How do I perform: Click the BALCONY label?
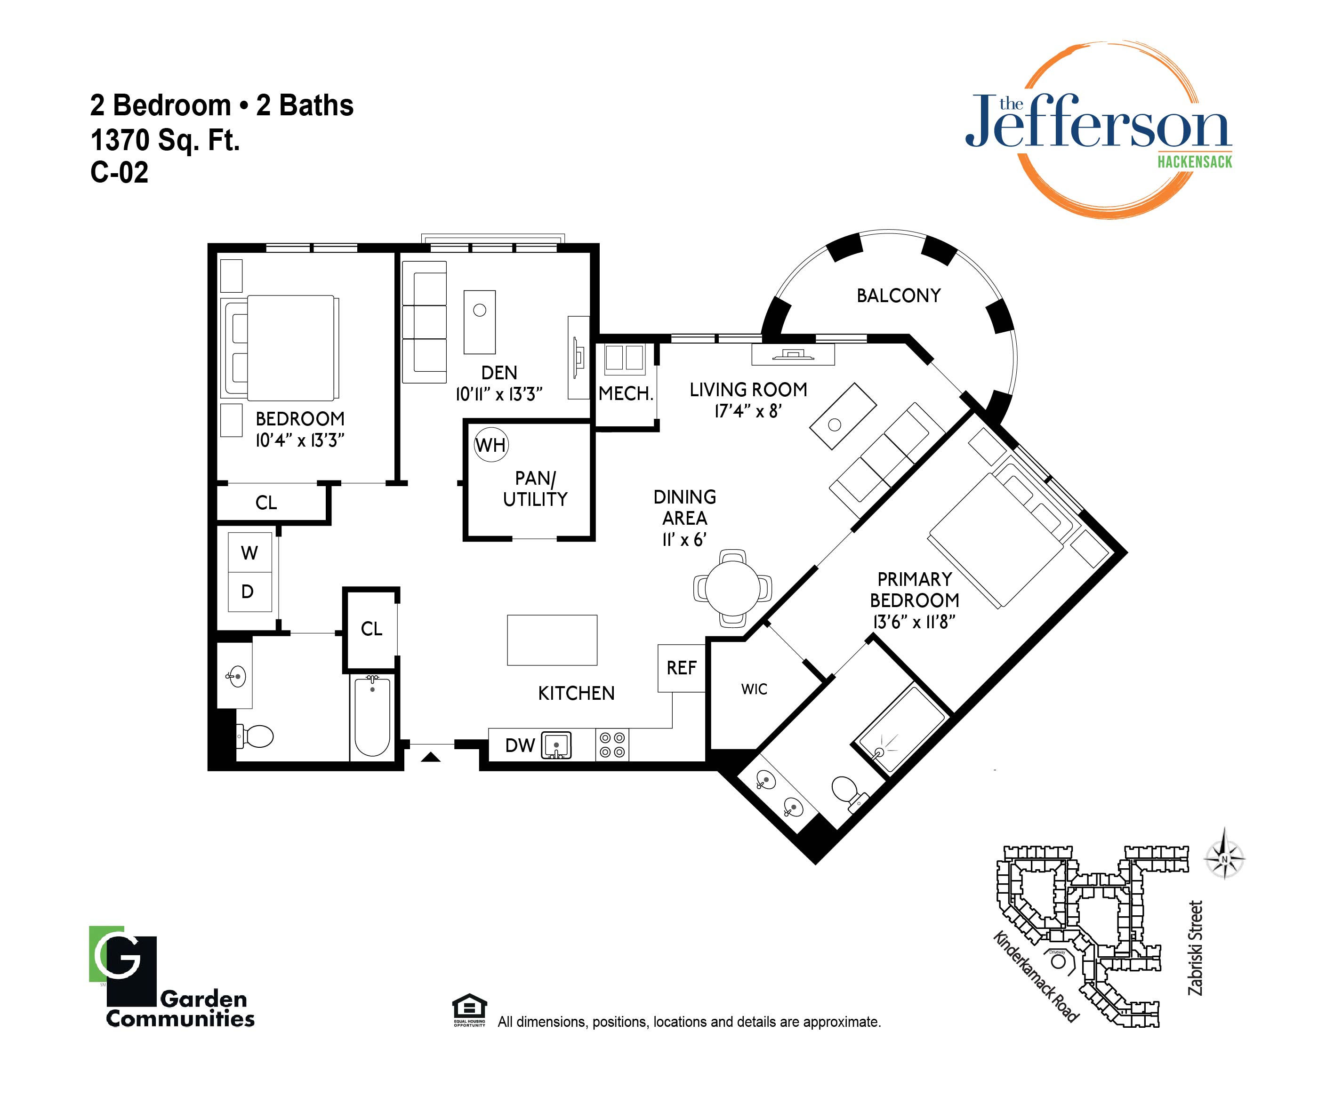click(898, 296)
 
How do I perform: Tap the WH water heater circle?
click(491, 445)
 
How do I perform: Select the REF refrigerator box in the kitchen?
click(682, 668)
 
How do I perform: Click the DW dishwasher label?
click(520, 745)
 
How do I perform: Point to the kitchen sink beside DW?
click(556, 745)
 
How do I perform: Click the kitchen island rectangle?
click(552, 640)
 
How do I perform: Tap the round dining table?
click(732, 588)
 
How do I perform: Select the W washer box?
click(249, 552)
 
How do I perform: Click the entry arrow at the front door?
click(431, 757)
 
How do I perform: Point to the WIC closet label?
click(754, 689)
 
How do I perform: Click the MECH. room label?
click(626, 394)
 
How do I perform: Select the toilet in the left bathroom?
click(256, 736)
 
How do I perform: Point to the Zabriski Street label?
click(1196, 948)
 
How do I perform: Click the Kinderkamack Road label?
click(1036, 977)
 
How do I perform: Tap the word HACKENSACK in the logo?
click(1194, 161)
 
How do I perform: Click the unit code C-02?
click(120, 172)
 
